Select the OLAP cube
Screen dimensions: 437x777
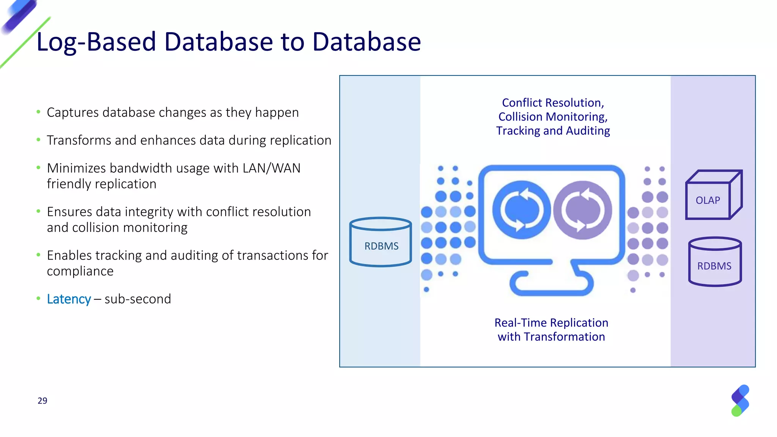point(713,195)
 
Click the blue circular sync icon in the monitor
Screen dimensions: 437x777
point(521,210)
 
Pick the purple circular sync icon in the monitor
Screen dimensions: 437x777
point(582,210)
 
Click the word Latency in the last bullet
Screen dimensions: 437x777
point(69,299)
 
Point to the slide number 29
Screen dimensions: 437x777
point(42,401)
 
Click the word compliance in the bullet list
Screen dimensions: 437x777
point(80,271)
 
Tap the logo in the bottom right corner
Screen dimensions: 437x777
point(740,401)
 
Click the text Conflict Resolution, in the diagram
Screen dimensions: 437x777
point(553,103)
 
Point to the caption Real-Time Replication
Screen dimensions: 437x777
point(551,323)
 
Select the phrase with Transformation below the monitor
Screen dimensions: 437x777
point(551,337)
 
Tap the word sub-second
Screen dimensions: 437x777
point(138,299)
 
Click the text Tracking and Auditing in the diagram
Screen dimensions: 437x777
point(553,131)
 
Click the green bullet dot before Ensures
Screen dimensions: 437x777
point(38,211)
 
